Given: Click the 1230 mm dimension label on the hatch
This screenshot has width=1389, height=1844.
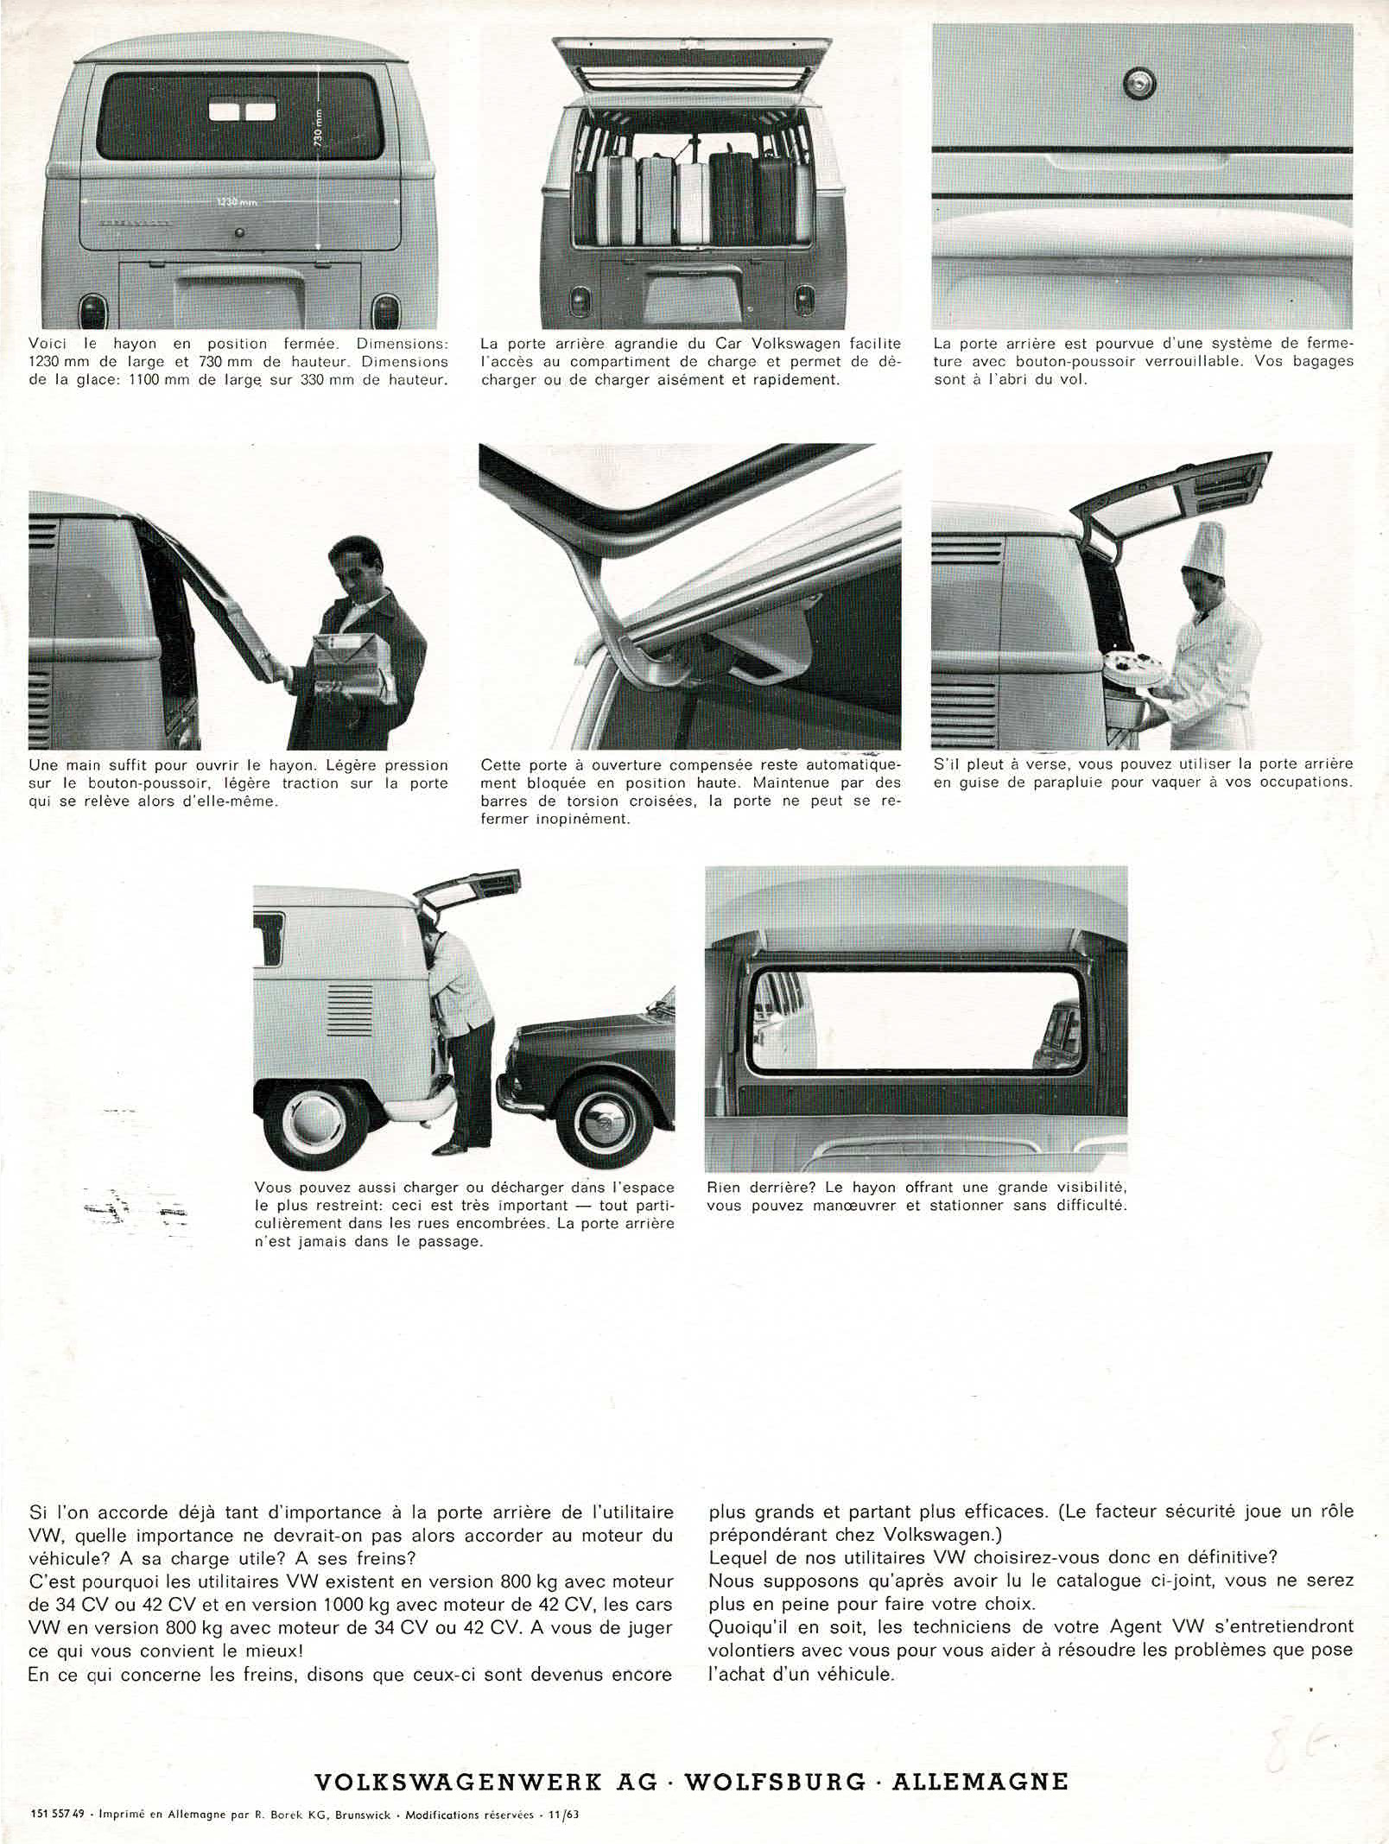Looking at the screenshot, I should point(238,202).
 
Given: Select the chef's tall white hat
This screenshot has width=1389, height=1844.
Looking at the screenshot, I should point(1207,550).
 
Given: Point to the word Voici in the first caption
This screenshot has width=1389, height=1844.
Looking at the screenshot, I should point(48,344).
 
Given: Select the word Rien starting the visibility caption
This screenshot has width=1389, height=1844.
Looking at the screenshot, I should point(724,1187).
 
